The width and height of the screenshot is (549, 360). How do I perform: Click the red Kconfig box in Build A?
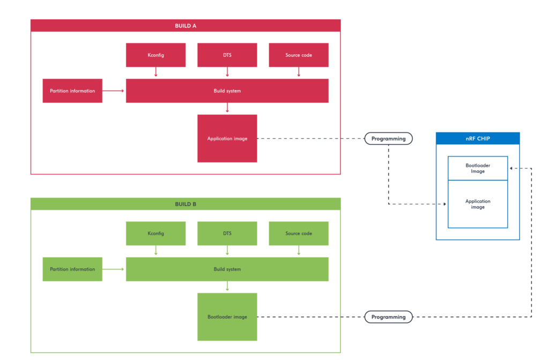(155, 55)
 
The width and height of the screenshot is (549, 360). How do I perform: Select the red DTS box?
(227, 55)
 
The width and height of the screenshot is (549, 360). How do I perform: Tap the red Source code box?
(299, 55)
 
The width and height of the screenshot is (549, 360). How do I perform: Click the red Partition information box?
(72, 91)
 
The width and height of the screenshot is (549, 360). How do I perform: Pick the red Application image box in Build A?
(227, 138)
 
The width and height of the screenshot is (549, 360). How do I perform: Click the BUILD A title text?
(186, 26)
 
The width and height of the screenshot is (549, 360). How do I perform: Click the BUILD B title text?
(186, 204)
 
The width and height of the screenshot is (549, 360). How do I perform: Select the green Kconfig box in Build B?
(155, 233)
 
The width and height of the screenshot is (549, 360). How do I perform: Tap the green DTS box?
(227, 233)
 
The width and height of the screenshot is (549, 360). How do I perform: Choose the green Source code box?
(299, 233)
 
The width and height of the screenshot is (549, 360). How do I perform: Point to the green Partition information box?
(72, 269)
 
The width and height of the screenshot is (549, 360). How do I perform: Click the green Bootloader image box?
(227, 317)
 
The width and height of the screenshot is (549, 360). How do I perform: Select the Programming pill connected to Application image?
(389, 138)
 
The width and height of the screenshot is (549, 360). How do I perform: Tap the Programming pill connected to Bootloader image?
(389, 317)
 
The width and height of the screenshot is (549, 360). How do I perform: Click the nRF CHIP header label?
(477, 138)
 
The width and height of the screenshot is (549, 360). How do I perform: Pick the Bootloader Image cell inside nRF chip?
(477, 168)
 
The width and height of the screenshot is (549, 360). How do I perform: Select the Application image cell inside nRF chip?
(477, 204)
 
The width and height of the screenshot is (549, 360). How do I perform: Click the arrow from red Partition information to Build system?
(114, 91)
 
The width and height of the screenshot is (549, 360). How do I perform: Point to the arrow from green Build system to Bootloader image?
(227, 286)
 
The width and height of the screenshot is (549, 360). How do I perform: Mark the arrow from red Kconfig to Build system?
(155, 72)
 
